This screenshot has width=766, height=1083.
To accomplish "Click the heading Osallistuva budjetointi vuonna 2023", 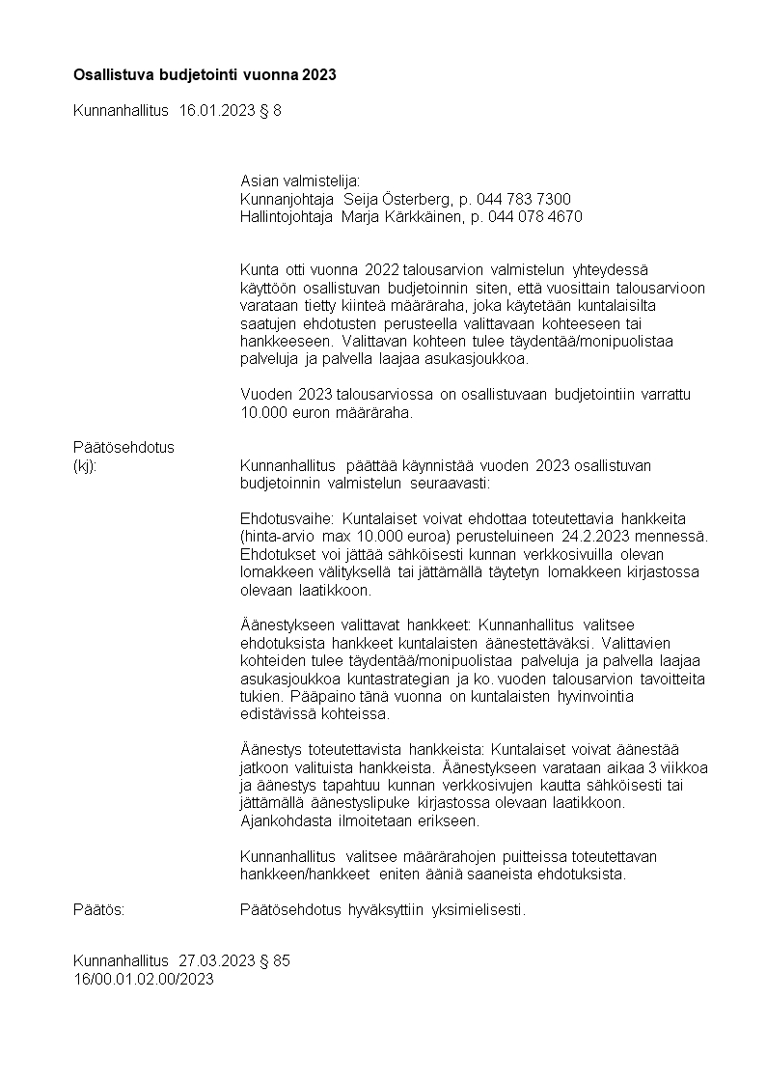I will tap(205, 74).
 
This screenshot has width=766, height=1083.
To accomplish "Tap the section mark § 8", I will tap(271, 111).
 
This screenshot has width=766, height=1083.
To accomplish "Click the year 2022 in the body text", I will tap(381, 268).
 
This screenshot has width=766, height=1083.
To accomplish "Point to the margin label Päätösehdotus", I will tap(124, 448).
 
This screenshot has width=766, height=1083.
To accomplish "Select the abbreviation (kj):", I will tap(87, 466).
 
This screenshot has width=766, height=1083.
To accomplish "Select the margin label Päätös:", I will tap(99, 908).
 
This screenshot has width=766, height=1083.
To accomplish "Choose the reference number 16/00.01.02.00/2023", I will tap(143, 979).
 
